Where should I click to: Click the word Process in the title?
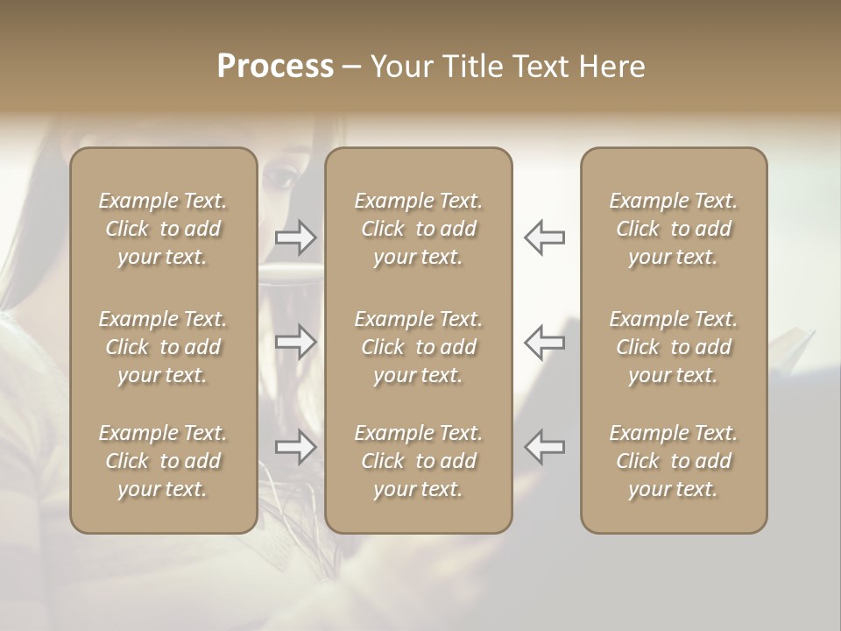(275, 67)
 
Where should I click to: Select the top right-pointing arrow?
(296, 238)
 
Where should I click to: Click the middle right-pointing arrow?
(296, 342)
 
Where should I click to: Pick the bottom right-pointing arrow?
(296, 446)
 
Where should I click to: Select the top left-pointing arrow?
(544, 238)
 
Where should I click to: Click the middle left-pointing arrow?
(544, 342)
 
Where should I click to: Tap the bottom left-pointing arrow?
(544, 446)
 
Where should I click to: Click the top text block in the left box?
(163, 229)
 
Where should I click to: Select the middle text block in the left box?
(163, 347)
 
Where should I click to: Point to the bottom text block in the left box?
(163, 461)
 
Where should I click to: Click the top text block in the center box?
(418, 229)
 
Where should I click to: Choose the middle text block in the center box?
(418, 347)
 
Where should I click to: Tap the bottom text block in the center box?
(418, 461)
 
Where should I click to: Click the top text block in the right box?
(673, 229)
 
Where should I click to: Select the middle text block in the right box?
(673, 347)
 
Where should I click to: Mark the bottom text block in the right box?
(673, 461)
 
